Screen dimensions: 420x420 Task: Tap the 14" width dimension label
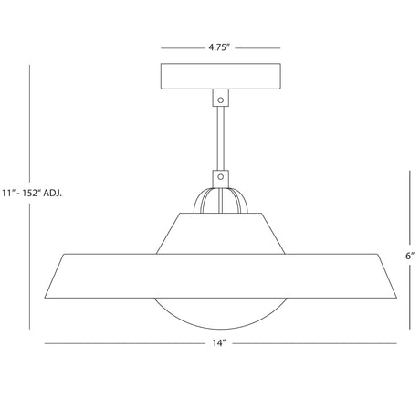220,345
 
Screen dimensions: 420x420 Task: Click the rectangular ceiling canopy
220,74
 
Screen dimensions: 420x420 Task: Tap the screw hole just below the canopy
220,95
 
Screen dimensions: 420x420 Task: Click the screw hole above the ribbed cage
220,178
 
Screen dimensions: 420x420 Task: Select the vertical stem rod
220,137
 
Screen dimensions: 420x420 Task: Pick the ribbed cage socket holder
220,198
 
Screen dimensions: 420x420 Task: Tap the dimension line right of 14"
315,344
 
